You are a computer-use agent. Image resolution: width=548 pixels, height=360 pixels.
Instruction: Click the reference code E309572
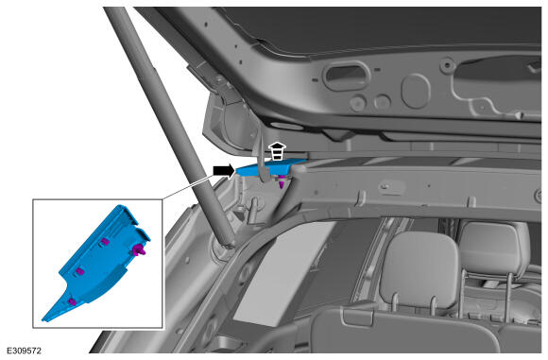click(25, 351)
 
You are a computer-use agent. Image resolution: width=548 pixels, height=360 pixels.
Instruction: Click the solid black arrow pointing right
click(224, 171)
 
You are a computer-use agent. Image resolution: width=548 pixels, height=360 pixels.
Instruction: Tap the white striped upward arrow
click(277, 151)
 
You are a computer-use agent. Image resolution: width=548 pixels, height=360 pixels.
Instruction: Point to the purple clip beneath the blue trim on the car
click(282, 182)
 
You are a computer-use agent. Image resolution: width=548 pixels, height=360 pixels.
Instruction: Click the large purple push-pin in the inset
click(139, 249)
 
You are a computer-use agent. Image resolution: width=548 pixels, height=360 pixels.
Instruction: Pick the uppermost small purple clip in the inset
click(105, 242)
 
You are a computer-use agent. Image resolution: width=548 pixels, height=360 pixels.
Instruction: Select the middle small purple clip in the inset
click(79, 271)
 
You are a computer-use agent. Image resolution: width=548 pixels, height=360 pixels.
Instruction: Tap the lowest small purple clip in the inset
click(72, 301)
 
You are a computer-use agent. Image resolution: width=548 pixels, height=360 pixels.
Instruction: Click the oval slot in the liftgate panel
click(346, 76)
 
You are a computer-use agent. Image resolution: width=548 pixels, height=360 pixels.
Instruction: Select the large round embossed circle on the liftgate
click(416, 91)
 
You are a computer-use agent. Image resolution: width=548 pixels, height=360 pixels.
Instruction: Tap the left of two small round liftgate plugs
click(357, 103)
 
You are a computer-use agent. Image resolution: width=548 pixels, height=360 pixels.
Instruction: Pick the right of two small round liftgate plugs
click(382, 102)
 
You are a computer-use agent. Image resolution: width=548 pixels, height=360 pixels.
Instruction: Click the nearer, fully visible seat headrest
click(419, 269)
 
